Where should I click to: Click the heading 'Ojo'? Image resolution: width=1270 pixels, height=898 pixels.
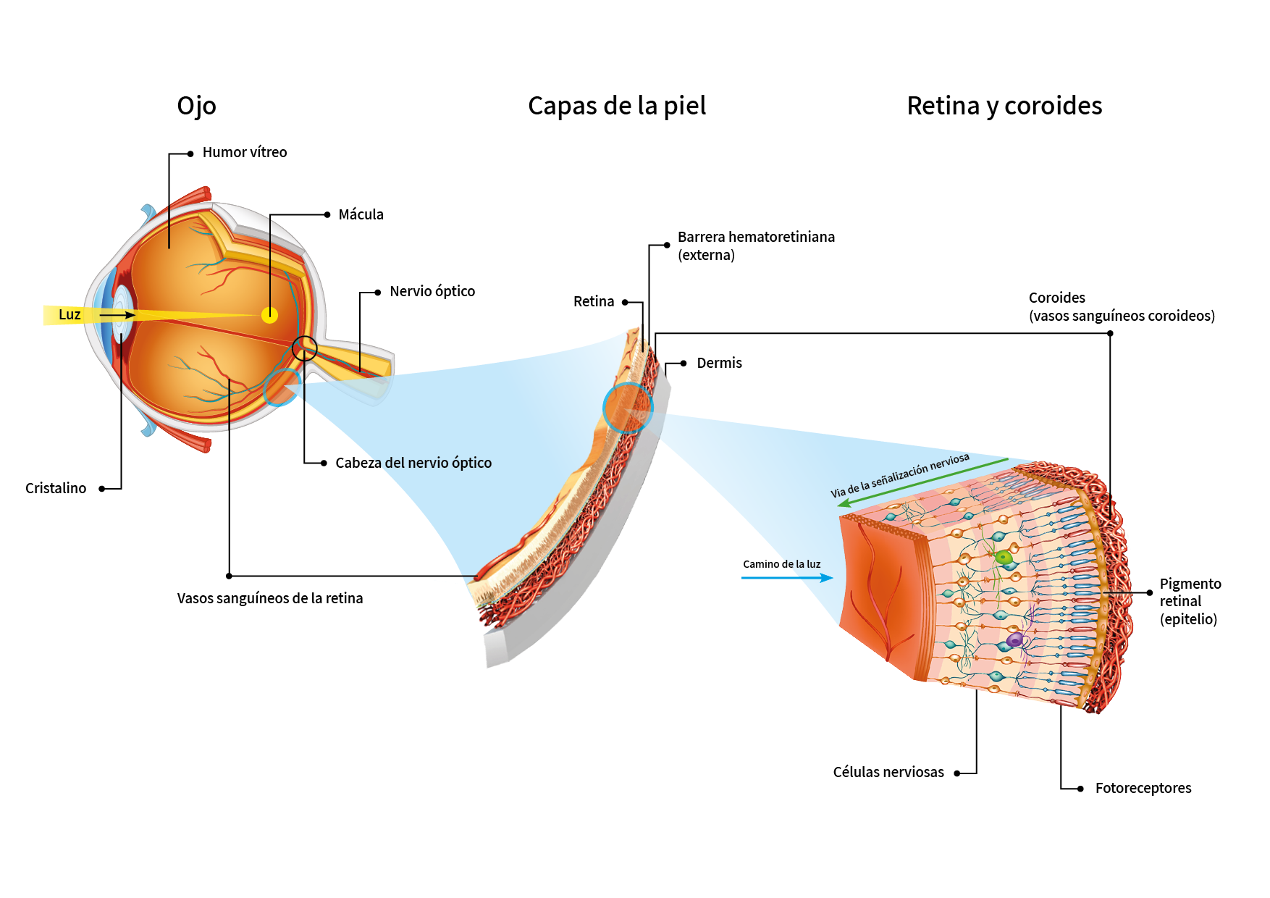pos(196,106)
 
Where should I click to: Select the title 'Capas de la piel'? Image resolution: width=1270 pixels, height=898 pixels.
pos(617,106)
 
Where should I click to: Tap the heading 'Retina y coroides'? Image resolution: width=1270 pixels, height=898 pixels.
pos(1004,106)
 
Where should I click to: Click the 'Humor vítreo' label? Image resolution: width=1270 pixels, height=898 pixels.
pos(245,152)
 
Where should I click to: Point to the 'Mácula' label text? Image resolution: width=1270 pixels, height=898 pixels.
pos(361,214)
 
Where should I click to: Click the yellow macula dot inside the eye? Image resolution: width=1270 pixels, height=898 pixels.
pos(269,314)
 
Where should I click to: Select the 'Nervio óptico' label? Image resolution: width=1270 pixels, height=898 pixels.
pos(432,291)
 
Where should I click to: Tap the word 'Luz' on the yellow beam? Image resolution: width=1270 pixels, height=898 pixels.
pos(70,314)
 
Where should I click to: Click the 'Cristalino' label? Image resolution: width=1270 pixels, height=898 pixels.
pos(56,488)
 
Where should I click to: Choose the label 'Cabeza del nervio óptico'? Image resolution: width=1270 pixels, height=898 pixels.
pos(413,463)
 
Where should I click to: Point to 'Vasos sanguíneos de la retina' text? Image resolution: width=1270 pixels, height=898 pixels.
pos(270,598)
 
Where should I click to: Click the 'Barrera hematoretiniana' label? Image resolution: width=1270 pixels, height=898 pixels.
pos(756,237)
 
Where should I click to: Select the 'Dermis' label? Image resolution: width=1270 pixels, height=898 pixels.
pos(719,363)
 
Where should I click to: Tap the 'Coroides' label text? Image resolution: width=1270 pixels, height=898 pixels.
pos(1057,298)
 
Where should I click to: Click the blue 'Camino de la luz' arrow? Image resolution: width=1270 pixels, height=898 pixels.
pos(787,578)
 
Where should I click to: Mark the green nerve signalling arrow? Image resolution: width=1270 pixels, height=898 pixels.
pos(922,482)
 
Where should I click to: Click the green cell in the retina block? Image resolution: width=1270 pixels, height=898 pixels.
pos(1004,557)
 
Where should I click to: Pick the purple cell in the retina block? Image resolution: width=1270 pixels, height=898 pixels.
pos(1015,640)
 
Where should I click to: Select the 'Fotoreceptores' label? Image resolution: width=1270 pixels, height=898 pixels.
pos(1143,788)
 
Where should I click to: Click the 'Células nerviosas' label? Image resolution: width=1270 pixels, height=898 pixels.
pos(888,772)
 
